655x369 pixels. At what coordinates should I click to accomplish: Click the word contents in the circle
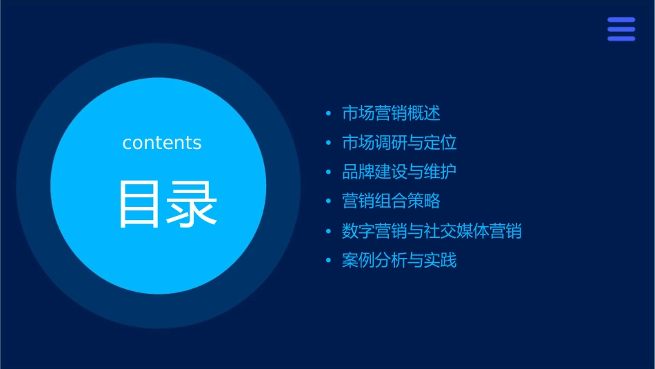[x=162, y=143]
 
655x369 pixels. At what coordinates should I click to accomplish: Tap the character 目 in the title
[x=140, y=204]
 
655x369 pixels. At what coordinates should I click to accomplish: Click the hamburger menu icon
[x=621, y=29]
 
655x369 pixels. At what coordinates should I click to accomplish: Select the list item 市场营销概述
[x=391, y=113]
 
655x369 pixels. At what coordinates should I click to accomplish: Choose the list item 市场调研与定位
[x=399, y=143]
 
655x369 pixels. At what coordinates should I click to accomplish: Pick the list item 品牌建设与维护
[x=399, y=172]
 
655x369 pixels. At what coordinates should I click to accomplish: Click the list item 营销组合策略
[x=391, y=201]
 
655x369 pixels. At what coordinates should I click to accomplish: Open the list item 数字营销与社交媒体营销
[x=432, y=231]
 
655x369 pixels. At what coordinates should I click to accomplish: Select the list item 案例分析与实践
[x=399, y=261]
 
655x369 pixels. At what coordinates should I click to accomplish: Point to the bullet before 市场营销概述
[x=328, y=114]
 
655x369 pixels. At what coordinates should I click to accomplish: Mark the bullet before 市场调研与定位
[x=328, y=143]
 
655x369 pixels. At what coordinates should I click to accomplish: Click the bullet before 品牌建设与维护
[x=328, y=172]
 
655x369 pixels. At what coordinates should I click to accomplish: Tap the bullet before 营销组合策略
[x=328, y=202]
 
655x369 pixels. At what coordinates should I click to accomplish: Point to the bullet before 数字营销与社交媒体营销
[x=328, y=232]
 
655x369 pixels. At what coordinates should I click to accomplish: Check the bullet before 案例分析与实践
[x=328, y=261]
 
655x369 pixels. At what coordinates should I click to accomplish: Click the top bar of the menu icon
[x=621, y=20]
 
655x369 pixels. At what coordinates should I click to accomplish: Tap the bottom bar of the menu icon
[x=621, y=39]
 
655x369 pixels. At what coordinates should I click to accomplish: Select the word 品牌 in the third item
[x=359, y=172]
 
